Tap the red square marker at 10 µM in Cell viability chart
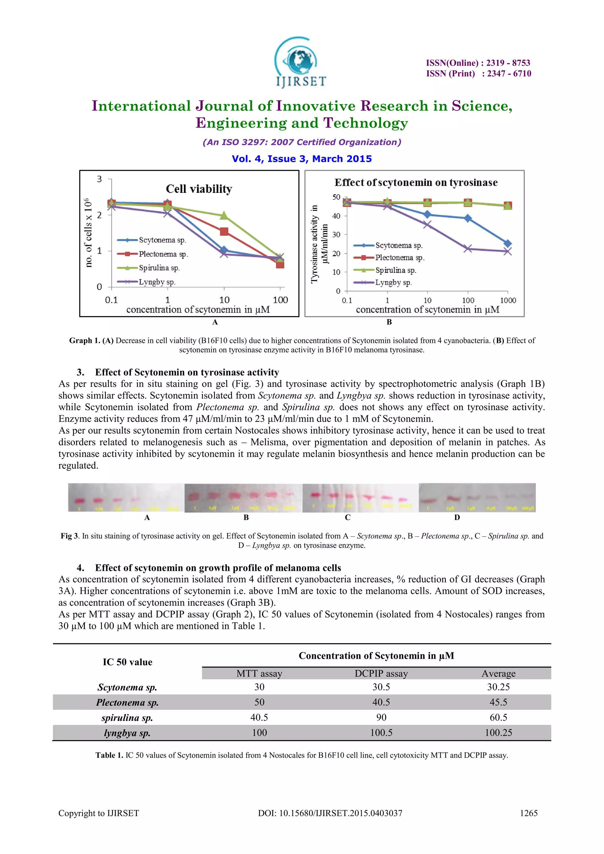[224, 232]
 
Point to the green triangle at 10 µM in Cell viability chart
[224, 215]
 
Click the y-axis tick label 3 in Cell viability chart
[99, 179]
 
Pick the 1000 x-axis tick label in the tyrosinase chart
[508, 300]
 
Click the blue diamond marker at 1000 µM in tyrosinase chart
[508, 244]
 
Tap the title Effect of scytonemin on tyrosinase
[416, 183]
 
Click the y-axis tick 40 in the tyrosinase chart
[336, 216]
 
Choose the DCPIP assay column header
[381, 674]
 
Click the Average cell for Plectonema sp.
[498, 702]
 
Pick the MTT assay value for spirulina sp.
[259, 717]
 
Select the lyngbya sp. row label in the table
[127, 733]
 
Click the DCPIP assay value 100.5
[381, 733]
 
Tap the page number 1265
[528, 813]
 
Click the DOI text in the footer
[330, 813]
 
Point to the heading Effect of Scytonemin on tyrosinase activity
[187, 372]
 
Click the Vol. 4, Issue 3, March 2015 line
[302, 159]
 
